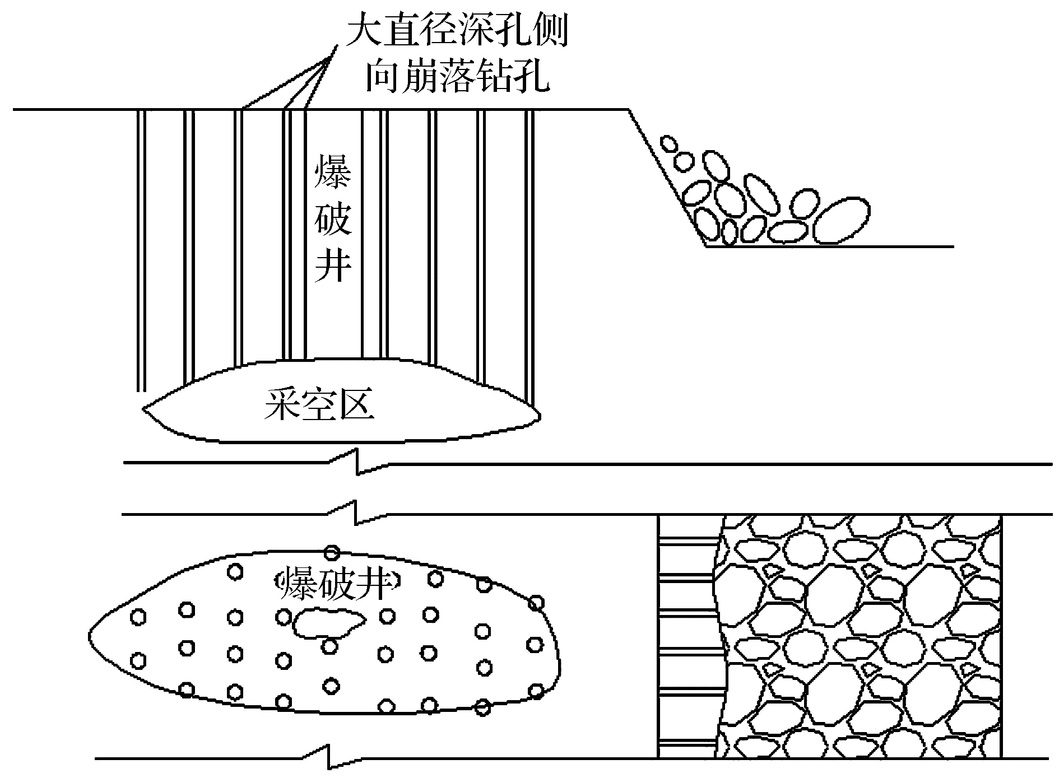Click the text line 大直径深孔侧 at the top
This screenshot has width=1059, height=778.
click(x=457, y=32)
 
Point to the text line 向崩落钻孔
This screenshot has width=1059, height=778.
click(x=457, y=77)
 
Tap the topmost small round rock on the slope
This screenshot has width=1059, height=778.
click(x=668, y=143)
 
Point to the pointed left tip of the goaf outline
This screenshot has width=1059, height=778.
click(x=144, y=409)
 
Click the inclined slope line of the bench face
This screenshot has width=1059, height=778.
click(x=666, y=178)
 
